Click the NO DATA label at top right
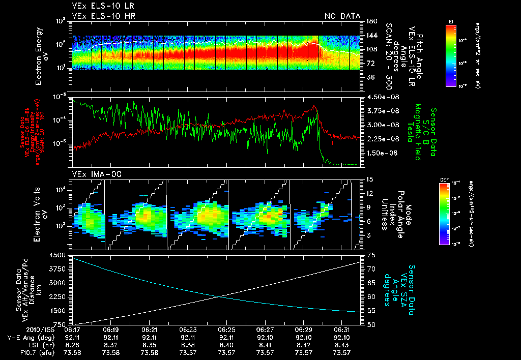pyautogui.click(x=342, y=16)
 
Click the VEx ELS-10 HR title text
pyautogui.click(x=104, y=16)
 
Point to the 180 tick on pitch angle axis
pyautogui.click(x=370, y=21)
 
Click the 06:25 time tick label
pyautogui.click(x=226, y=329)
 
